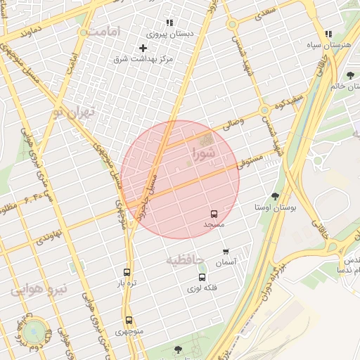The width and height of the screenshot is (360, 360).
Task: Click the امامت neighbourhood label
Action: pyautogui.click(x=105, y=32)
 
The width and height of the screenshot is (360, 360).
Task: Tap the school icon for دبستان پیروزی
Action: pyautogui.click(x=169, y=22)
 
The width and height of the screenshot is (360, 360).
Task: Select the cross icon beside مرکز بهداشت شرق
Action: pyautogui.click(x=143, y=48)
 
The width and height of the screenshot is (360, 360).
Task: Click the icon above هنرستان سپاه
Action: pyautogui.click(x=328, y=34)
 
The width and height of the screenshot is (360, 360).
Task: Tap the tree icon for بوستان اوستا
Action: pyautogui.click(x=274, y=197)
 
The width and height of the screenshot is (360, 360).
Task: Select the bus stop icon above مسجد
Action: pyautogui.click(x=214, y=214)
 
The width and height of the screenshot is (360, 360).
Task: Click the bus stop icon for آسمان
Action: pyautogui.click(x=226, y=252)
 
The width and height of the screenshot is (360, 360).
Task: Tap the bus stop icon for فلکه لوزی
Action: pyautogui.click(x=202, y=277)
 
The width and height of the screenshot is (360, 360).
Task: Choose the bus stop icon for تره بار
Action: pyautogui.click(x=127, y=272)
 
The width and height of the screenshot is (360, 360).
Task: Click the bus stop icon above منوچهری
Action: pyautogui.click(x=129, y=320)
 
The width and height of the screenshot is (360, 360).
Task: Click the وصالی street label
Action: pyautogui.click(x=231, y=125)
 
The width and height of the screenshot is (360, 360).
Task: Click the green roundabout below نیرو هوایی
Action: pyautogui.click(x=33, y=332)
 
